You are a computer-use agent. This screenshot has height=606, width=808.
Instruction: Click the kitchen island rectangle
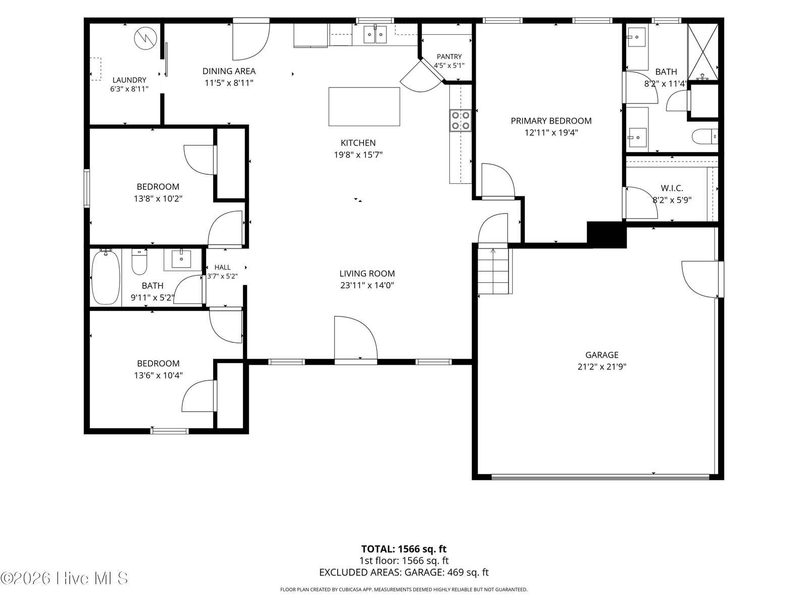point(364,107)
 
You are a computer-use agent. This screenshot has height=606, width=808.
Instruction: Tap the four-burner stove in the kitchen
point(461,120)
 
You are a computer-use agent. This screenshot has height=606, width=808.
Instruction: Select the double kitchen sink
point(375,34)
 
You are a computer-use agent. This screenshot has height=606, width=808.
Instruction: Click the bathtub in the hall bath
point(106,277)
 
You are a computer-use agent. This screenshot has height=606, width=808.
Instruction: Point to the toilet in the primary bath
point(704,136)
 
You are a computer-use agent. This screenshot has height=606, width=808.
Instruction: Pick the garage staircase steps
point(493,271)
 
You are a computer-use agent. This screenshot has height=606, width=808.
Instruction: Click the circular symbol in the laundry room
point(145,38)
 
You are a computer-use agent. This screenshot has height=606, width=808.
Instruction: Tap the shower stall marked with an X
point(703,52)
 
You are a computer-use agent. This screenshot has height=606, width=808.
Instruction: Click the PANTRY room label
point(449,56)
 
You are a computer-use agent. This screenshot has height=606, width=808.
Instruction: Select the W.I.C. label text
point(672,188)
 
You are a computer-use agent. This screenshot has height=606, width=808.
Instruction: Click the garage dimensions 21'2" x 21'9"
point(602,367)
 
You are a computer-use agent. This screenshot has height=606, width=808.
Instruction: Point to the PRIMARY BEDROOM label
point(551,121)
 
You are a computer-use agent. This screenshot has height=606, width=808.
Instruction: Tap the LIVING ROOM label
point(367,273)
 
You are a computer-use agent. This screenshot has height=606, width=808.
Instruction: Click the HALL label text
point(222,268)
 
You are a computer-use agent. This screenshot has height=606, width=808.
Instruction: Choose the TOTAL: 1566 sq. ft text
point(404,549)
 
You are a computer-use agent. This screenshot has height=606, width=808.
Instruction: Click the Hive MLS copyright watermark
point(64,578)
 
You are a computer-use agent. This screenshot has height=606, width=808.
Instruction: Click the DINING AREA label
point(229,71)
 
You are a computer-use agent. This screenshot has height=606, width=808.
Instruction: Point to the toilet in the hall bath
point(139,262)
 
